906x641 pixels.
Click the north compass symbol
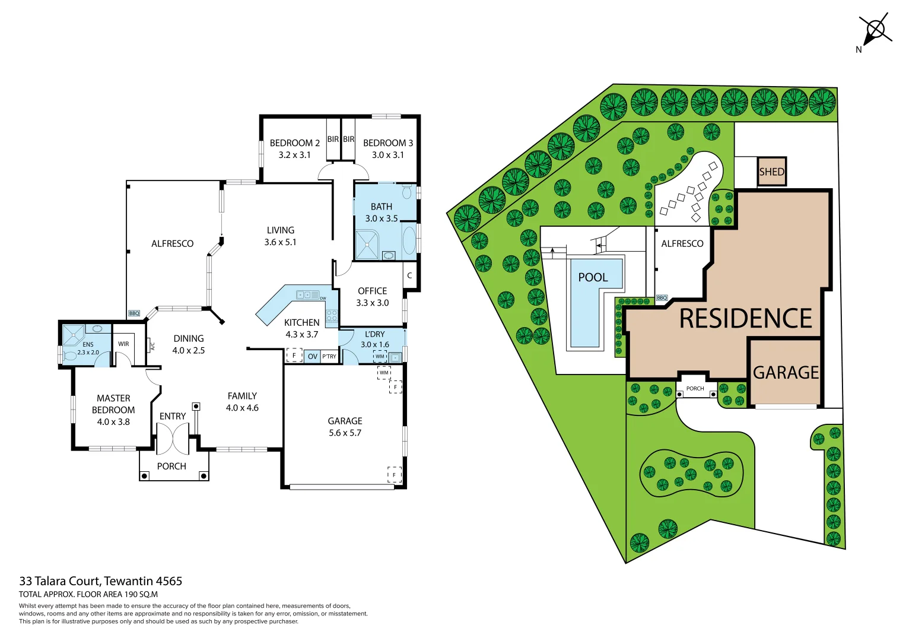tap(875, 30)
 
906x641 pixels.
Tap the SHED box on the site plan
tap(772, 172)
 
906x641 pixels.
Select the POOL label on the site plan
tap(593, 277)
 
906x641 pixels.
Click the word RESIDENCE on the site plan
tap(745, 319)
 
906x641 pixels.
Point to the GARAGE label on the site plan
tap(786, 372)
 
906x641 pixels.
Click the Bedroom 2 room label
tap(294, 143)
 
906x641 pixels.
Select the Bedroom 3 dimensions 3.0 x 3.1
tap(387, 155)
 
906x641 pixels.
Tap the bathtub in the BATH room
tap(409, 240)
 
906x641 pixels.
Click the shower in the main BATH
tap(367, 245)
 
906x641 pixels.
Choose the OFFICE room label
tap(372, 291)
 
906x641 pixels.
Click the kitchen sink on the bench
tap(308, 294)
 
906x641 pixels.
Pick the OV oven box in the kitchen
tap(313, 356)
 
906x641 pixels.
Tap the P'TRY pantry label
tap(329, 356)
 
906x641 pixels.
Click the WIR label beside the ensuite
tap(123, 344)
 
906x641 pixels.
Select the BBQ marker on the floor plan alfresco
tap(134, 313)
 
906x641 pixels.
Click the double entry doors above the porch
tap(173, 439)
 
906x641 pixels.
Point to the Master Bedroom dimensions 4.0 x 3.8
tap(113, 422)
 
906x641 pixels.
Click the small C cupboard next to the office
tap(409, 275)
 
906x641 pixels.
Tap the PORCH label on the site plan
tap(695, 389)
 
